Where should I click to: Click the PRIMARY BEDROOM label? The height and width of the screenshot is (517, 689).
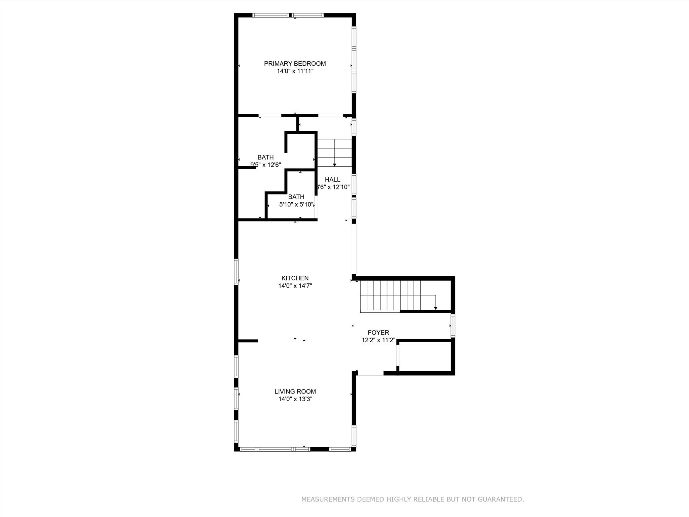coord(295,64)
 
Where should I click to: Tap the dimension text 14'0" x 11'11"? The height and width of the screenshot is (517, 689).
coord(295,71)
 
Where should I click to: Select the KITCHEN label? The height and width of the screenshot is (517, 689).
coord(295,278)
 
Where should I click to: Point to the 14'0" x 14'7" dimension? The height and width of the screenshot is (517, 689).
coord(295,286)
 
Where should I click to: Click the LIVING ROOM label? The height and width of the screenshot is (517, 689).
coord(295,391)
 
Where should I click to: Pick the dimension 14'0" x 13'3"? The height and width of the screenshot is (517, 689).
coord(295,399)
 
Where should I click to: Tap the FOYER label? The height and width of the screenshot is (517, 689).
coord(378,333)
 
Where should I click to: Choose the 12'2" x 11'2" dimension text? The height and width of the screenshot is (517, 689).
coord(378,340)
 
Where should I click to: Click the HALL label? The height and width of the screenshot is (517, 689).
coord(332,180)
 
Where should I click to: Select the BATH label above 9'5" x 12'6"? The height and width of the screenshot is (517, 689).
coord(265,157)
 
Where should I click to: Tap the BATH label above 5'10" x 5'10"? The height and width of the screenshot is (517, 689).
coord(296,197)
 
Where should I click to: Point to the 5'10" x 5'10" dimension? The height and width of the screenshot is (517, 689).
coord(296,204)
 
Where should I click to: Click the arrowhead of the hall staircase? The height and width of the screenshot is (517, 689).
coord(335,165)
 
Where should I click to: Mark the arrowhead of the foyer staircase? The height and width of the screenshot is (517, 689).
coord(436,308)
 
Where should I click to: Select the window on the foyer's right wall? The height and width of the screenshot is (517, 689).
coord(453,326)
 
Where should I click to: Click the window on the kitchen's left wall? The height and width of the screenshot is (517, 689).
coord(236,272)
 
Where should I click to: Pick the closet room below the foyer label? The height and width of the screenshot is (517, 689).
coord(425,357)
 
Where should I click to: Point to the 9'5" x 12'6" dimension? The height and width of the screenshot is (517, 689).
coord(265,165)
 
